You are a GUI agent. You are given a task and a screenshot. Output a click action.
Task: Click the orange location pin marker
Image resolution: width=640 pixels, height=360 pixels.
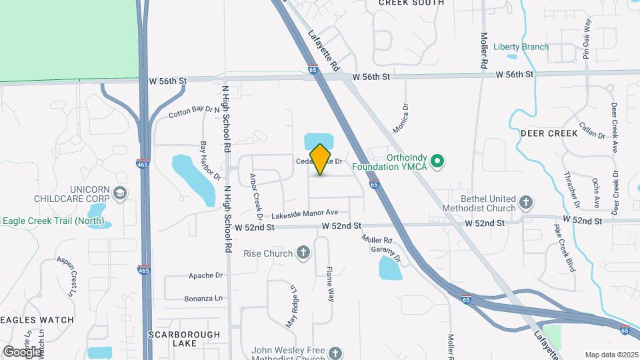(x=321, y=159)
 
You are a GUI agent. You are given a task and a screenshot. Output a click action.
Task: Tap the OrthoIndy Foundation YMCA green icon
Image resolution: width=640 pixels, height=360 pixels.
(x=437, y=161)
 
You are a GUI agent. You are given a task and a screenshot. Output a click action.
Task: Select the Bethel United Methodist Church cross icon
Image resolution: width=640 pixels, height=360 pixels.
(x=525, y=202)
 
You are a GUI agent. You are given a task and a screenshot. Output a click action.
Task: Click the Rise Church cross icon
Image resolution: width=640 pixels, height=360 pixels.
(x=303, y=253)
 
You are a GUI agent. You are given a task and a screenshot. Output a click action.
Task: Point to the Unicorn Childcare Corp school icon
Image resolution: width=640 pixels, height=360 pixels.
(x=120, y=193)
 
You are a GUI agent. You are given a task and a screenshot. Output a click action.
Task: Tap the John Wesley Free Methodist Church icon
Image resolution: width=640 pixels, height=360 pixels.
(x=335, y=353)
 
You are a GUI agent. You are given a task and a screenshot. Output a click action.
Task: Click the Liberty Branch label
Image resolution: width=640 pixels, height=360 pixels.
(x=521, y=47)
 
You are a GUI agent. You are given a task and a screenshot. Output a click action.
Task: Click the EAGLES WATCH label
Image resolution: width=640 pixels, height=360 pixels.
(x=37, y=320)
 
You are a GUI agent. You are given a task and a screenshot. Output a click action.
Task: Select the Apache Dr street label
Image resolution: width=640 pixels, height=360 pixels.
(x=205, y=275)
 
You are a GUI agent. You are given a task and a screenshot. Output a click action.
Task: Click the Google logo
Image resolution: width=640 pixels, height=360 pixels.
(x=22, y=351)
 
